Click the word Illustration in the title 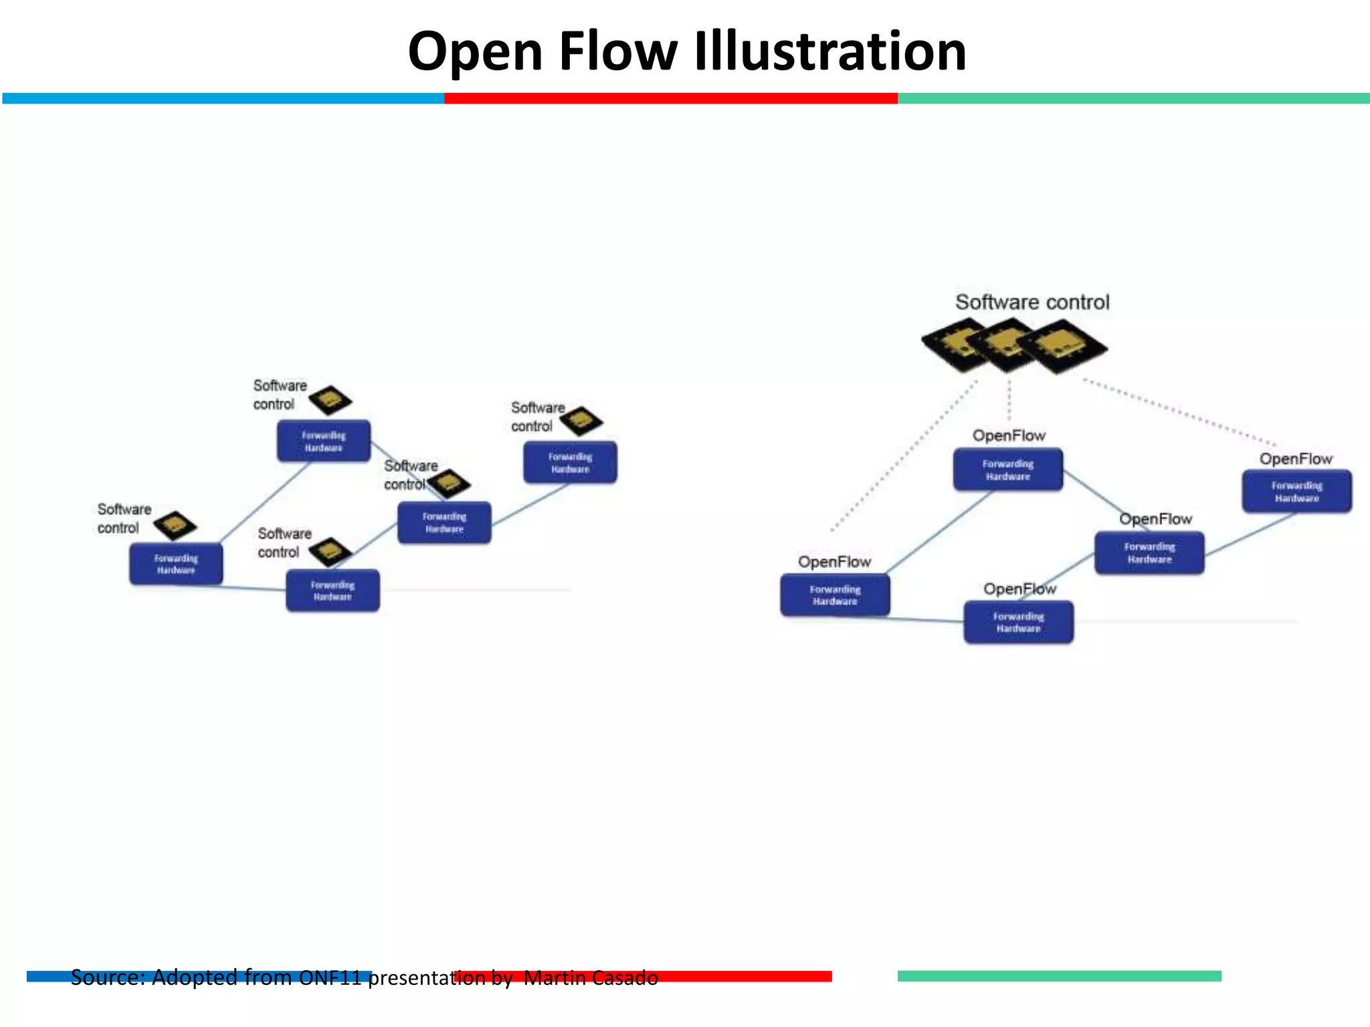pyautogui.click(x=830, y=51)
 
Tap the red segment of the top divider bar pyautogui.click(x=670, y=98)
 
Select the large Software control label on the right pyautogui.click(x=1032, y=302)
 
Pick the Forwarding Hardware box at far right pyautogui.click(x=1296, y=491)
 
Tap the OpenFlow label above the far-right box pyautogui.click(x=1296, y=459)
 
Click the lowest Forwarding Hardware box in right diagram pyautogui.click(x=1018, y=622)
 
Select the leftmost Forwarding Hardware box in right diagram pyautogui.click(x=835, y=595)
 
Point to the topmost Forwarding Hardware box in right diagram pyautogui.click(x=1007, y=469)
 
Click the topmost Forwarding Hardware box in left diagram pyautogui.click(x=324, y=441)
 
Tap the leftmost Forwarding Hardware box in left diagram pyautogui.click(x=176, y=564)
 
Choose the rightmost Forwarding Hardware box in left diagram pyautogui.click(x=570, y=463)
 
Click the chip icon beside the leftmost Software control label pyautogui.click(x=175, y=526)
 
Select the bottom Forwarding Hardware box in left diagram pyautogui.click(x=332, y=590)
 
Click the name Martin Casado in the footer pyautogui.click(x=591, y=978)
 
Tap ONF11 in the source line pyautogui.click(x=330, y=978)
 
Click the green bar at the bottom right pyautogui.click(x=1059, y=976)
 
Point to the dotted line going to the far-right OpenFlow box pyautogui.click(x=1181, y=413)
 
